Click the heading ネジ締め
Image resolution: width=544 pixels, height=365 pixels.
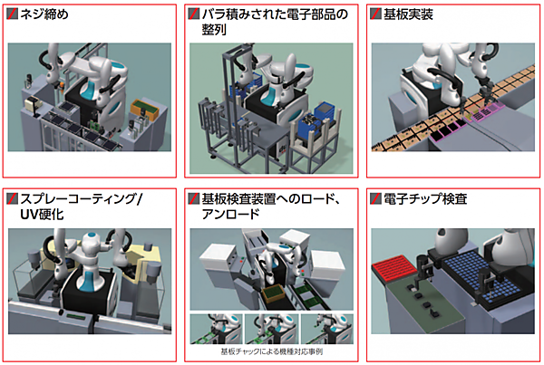click(44, 14)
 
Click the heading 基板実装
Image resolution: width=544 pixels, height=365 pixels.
click(408, 14)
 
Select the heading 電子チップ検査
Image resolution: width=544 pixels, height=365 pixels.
click(425, 199)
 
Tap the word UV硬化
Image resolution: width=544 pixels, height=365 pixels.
click(42, 215)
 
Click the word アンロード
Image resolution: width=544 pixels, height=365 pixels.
click(230, 214)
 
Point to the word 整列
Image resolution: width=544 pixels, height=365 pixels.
click(214, 30)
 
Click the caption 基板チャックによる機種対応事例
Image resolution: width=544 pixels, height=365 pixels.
click(272, 351)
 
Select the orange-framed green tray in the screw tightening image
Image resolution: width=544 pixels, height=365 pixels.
click(144, 110)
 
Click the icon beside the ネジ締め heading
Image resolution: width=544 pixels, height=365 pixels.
click(12, 14)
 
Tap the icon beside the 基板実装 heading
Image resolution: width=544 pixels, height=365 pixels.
click(375, 14)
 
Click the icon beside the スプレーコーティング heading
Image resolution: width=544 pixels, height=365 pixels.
click(12, 198)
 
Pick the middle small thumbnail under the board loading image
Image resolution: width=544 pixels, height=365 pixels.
click(272, 329)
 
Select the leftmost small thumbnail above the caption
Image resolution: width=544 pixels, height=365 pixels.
click(216, 329)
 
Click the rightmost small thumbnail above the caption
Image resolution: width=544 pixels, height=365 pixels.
click(327, 329)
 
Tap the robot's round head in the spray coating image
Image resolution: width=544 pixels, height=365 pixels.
click(92, 239)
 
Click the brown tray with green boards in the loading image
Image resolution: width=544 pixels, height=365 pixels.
click(274, 294)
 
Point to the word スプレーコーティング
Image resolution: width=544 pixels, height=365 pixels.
click(82, 199)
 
